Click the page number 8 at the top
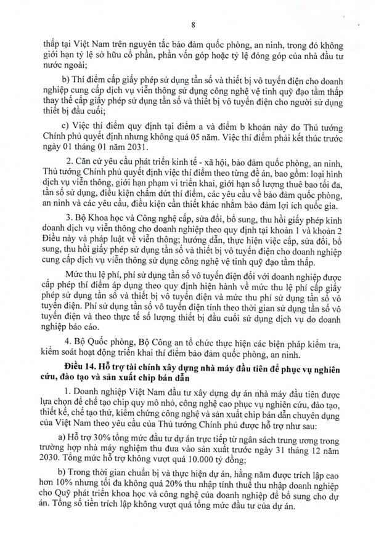(193, 25)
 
